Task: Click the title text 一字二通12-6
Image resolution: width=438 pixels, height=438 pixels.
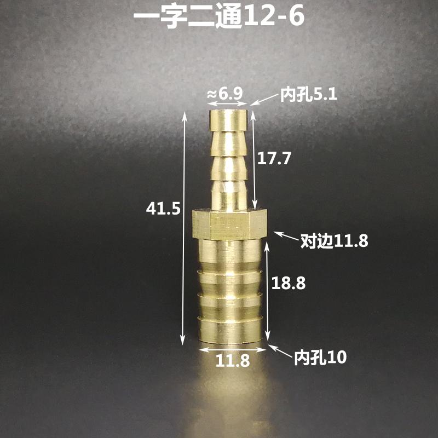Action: [x=219, y=16]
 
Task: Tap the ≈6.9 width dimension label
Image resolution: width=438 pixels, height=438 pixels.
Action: [x=224, y=94]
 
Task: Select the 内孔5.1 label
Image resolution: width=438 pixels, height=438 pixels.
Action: [x=309, y=95]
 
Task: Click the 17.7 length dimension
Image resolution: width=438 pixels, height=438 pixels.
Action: [x=274, y=159]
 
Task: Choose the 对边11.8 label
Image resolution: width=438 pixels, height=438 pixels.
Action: [x=334, y=240]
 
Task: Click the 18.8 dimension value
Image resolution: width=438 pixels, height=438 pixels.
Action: [x=289, y=284]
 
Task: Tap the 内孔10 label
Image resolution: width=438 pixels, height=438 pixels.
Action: [x=320, y=359]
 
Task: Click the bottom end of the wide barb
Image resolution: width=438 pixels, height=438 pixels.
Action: [x=232, y=339]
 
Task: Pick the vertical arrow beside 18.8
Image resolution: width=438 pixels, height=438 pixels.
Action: [x=268, y=291]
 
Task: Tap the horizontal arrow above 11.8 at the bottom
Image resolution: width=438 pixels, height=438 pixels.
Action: [x=233, y=348]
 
